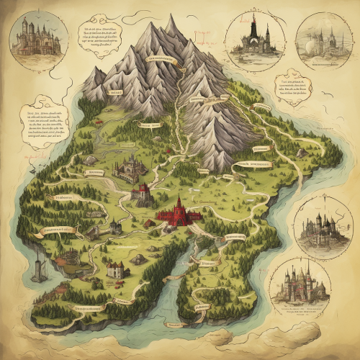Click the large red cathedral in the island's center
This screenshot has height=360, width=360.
pyautogui.click(x=176, y=213)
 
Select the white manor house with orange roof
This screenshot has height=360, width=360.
pyautogui.click(x=115, y=269)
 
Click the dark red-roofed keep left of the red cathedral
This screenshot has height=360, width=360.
pyautogui.click(x=143, y=194)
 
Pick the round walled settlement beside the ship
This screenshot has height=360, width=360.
pyautogui.click(x=68, y=257)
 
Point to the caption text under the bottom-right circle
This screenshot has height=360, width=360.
pyautogui.click(x=299, y=310)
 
